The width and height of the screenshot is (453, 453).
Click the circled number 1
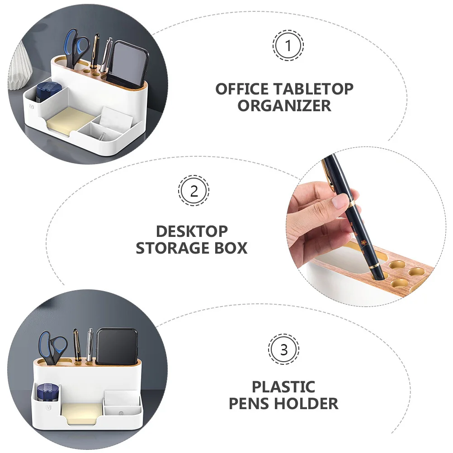click(288, 46)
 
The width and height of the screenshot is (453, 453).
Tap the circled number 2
click(193, 191)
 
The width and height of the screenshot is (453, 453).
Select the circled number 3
click(283, 349)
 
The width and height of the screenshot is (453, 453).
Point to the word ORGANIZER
click(284, 106)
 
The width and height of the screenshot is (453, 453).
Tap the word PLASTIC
click(283, 387)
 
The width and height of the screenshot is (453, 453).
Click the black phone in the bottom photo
click(117, 346)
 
